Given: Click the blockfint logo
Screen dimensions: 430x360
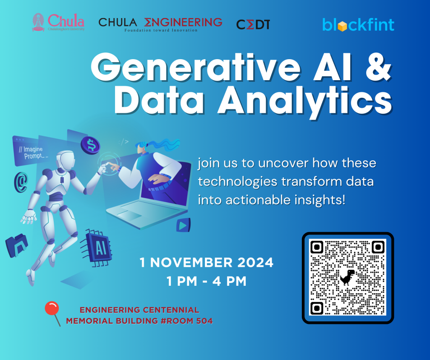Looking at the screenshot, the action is point(358,25).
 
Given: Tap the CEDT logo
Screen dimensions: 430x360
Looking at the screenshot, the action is point(253,25).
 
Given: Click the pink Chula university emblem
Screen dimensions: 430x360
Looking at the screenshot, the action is point(38,22).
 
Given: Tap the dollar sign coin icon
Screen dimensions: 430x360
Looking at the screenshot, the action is point(91,145).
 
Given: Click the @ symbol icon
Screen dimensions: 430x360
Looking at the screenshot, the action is point(21,182).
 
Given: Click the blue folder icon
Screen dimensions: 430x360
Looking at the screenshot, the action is point(16,245).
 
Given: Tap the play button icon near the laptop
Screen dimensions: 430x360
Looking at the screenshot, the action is point(183,225).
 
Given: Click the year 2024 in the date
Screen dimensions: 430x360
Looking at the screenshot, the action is point(255,263).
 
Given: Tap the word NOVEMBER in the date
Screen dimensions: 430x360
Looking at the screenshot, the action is point(191,263).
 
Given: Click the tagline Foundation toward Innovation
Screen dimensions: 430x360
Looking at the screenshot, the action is point(161,30).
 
